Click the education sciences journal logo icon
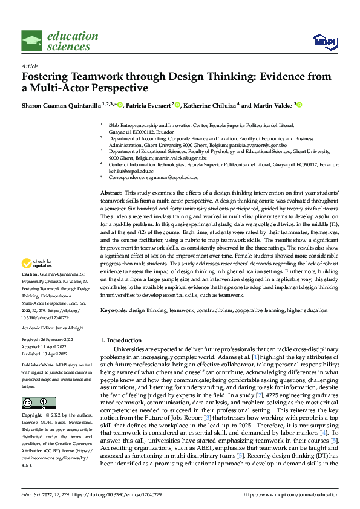(32, 41)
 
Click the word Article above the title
(30, 66)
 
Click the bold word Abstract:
(113, 191)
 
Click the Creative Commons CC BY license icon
(38, 403)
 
